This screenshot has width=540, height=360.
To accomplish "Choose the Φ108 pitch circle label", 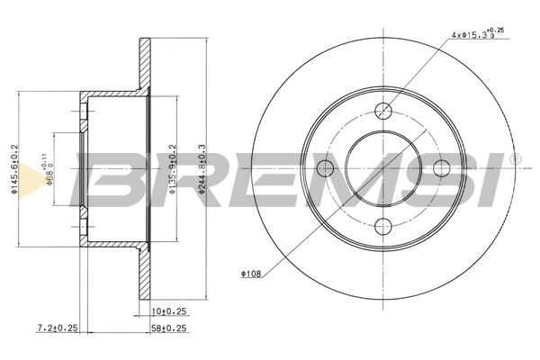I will (252, 271).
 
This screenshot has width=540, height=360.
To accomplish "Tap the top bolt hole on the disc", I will (384, 111).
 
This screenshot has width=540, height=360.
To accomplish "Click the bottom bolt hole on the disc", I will (384, 225).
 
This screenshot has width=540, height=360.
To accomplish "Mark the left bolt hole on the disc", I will (328, 168).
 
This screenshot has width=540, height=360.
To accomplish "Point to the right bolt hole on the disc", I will (441, 168).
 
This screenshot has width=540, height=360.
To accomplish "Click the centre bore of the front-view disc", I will (384, 168).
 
